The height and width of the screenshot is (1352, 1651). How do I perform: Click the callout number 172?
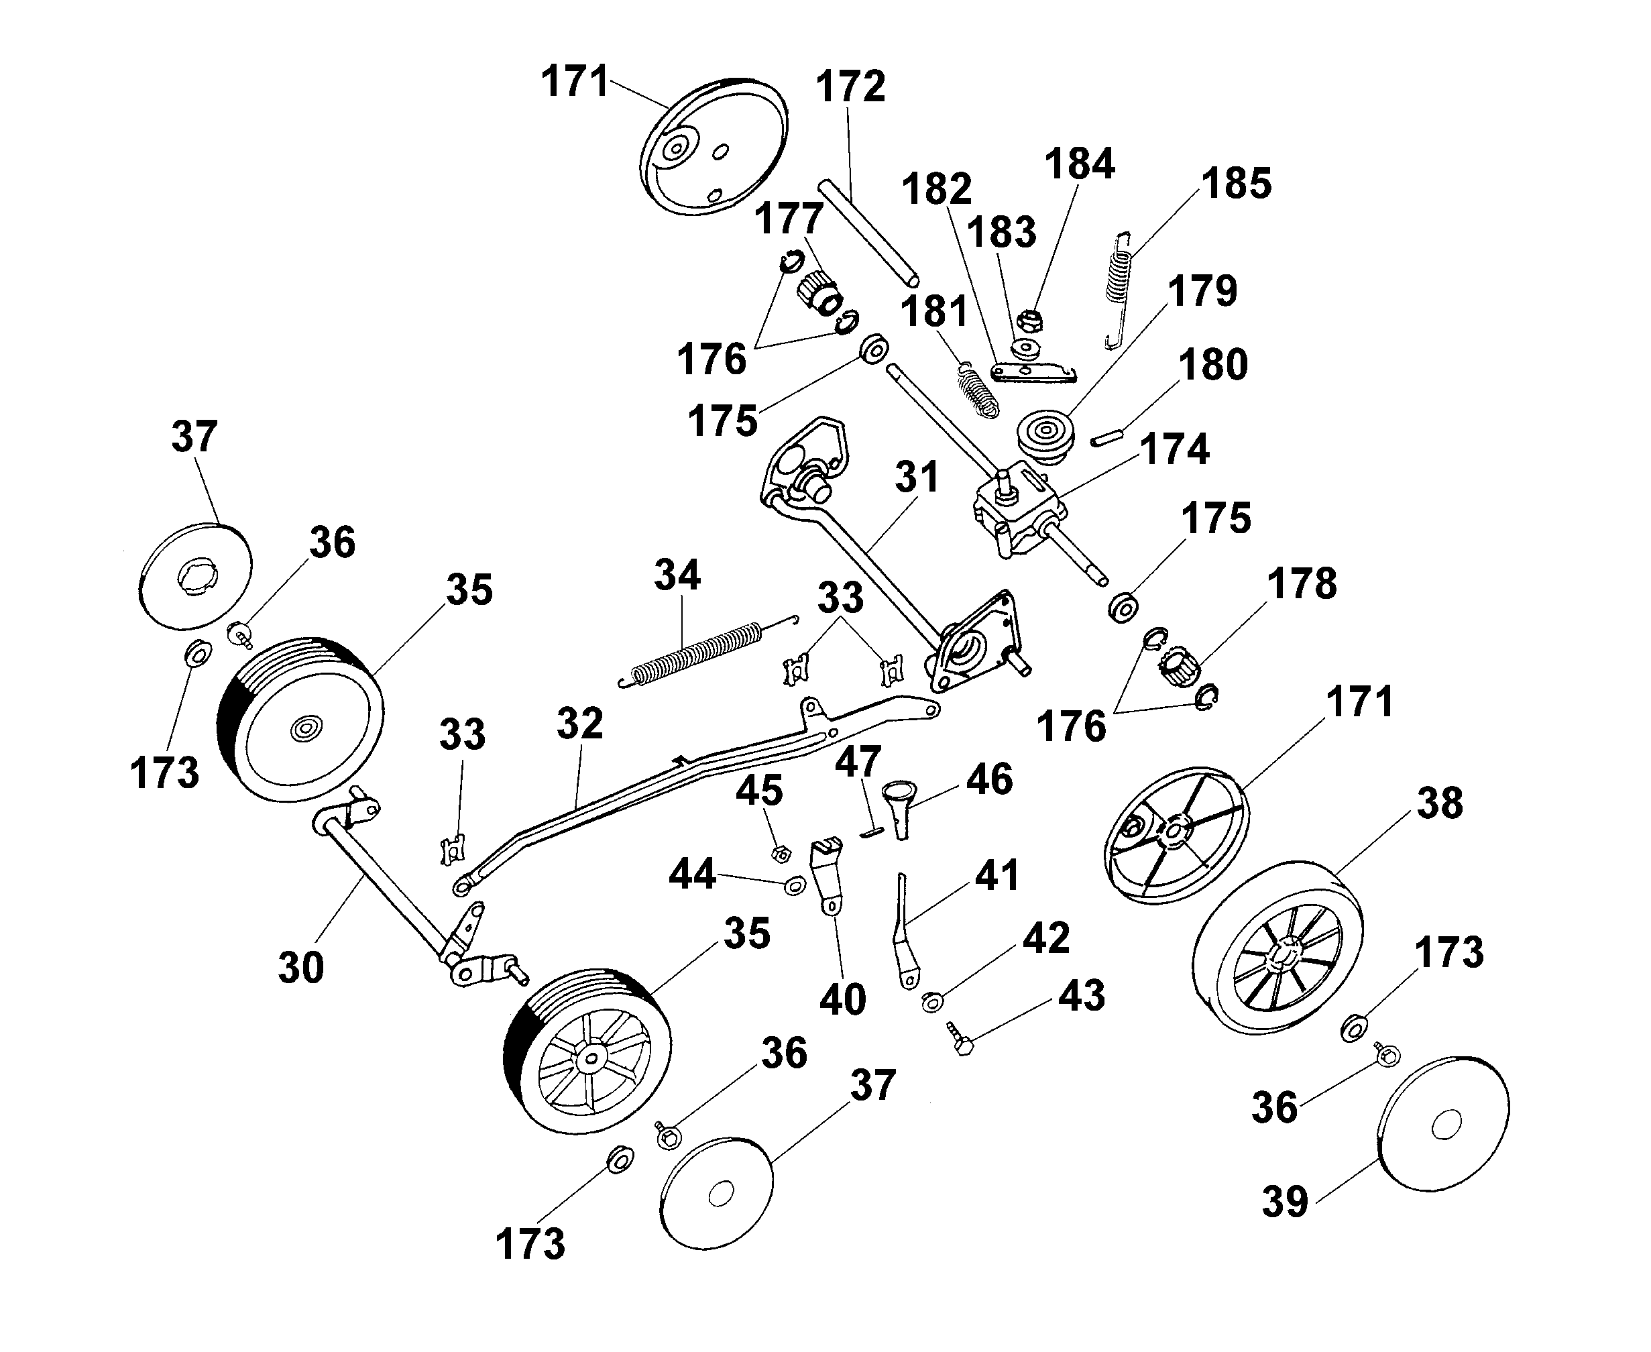[850, 87]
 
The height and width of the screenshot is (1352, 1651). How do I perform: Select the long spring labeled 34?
[695, 653]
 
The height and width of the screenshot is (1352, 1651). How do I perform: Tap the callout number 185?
[1236, 184]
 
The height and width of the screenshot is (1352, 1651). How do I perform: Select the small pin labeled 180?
[1106, 438]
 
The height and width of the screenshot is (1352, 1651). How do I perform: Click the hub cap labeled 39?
[1443, 1125]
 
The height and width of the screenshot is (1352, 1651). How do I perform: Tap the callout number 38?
[1439, 803]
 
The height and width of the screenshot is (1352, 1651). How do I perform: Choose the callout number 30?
[300, 968]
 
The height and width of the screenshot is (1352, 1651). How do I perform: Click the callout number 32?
[579, 724]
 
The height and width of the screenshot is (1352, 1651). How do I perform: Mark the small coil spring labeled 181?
[976, 390]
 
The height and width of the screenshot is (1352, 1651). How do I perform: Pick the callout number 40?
[842, 1000]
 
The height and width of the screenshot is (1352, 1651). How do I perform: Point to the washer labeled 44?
[795, 885]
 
